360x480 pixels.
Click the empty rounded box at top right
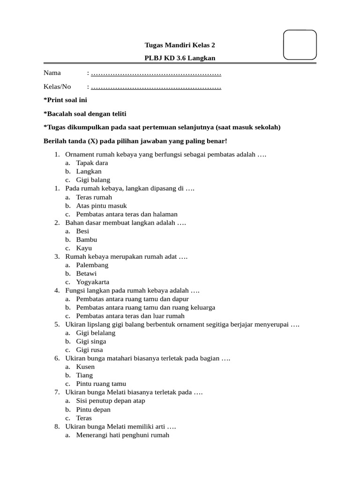pyautogui.click(x=300, y=45)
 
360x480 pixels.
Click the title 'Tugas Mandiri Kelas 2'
pyautogui.click(x=180, y=45)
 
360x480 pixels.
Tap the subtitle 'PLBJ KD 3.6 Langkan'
pyautogui.click(x=180, y=58)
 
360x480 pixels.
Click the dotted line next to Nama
pyautogui.click(x=156, y=73)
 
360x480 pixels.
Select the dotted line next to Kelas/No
pyautogui.click(x=156, y=87)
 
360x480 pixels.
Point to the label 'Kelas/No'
pyautogui.click(x=57, y=87)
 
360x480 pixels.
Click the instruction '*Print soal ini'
pyautogui.click(x=65, y=100)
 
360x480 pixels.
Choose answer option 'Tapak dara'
pyautogui.click(x=92, y=163)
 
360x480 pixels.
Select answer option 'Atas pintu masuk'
pyautogui.click(x=101, y=206)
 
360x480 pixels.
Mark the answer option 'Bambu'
pyautogui.click(x=87, y=240)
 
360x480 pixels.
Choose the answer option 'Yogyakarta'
pyautogui.click(x=93, y=282)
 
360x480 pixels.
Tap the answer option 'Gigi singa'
pyautogui.click(x=91, y=342)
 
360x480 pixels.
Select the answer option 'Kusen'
pyautogui.click(x=85, y=367)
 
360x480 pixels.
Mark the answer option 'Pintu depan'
pyautogui.click(x=93, y=410)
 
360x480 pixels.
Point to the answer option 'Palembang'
pyautogui.click(x=92, y=265)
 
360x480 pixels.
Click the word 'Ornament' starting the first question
pyautogui.click(x=80, y=155)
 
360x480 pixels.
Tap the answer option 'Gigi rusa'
pyautogui.click(x=90, y=350)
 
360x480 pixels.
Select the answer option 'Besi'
pyautogui.click(x=82, y=231)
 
